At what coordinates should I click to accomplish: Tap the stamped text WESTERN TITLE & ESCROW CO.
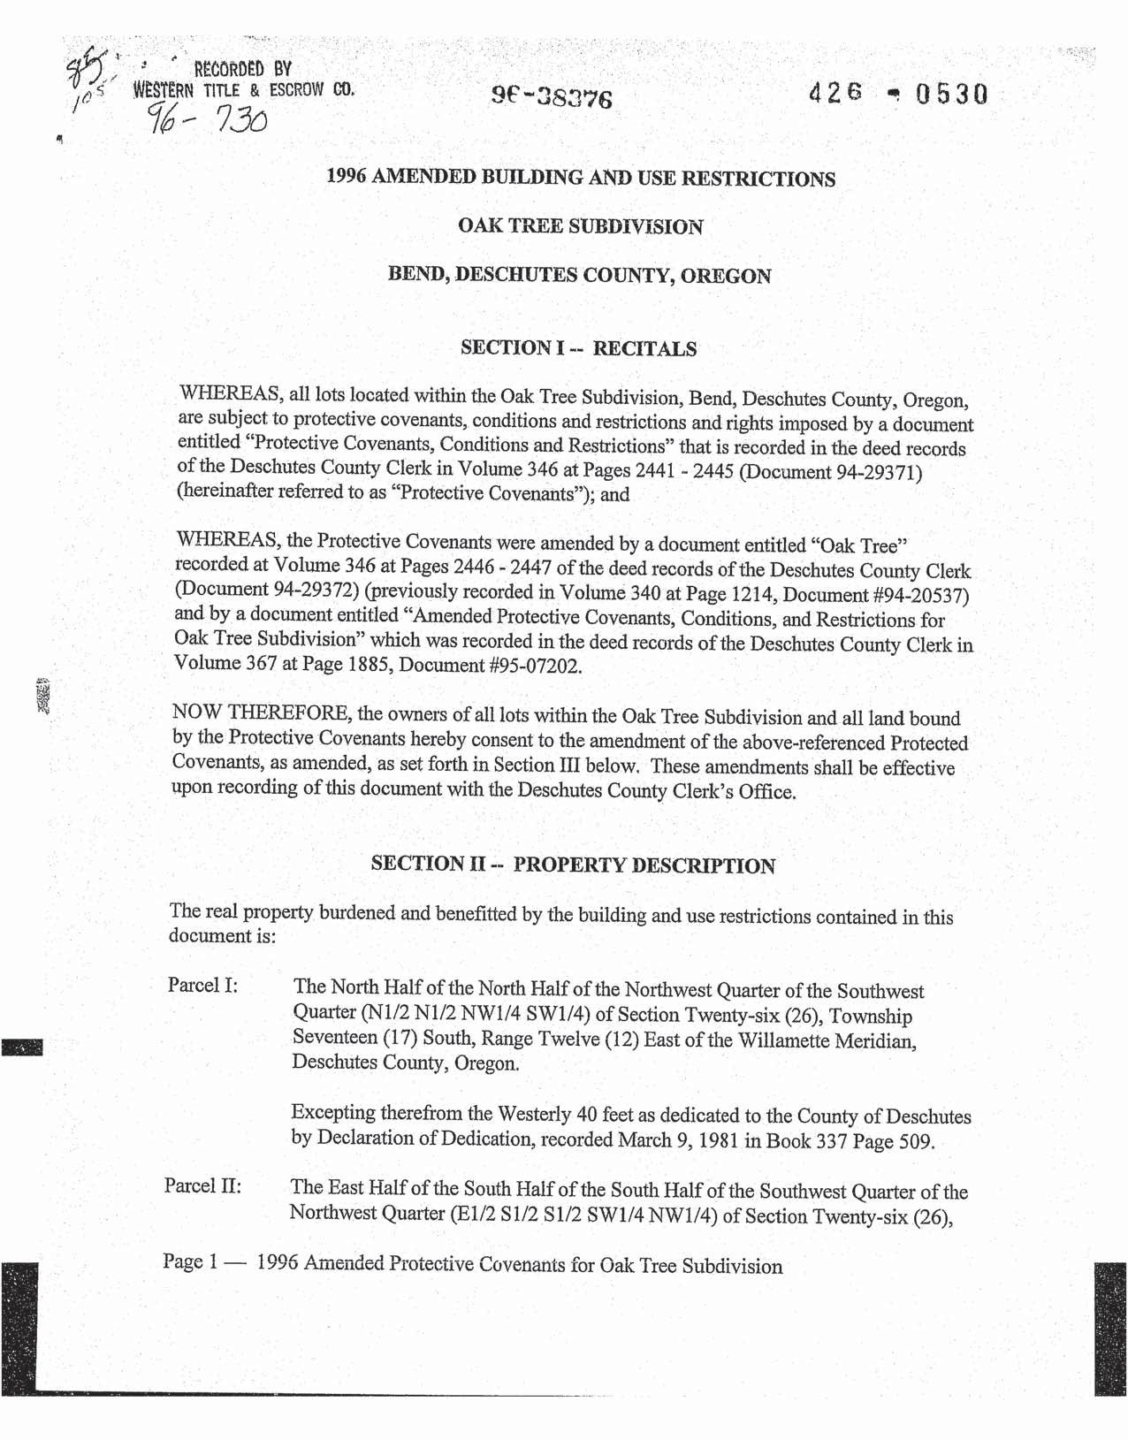(244, 89)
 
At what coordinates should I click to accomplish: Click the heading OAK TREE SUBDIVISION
(580, 226)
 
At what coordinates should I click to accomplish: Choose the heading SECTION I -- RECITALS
(578, 347)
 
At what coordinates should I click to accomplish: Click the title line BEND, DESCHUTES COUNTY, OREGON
(579, 275)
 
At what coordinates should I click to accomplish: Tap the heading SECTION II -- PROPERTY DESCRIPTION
(573, 865)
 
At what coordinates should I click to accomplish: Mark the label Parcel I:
(202, 985)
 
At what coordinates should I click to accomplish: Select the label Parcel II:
(202, 1185)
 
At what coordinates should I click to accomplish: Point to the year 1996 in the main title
(347, 177)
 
